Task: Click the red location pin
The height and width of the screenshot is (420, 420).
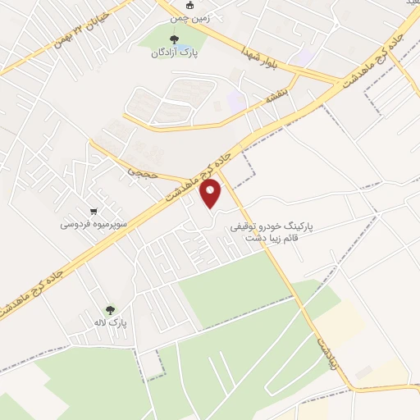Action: [212, 194]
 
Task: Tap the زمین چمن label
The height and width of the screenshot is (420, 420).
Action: [189, 16]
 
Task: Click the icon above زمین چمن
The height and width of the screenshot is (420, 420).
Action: [189, 5]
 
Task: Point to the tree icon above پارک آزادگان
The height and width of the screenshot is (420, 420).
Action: [173, 39]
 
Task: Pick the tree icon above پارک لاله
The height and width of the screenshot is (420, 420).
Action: [111, 309]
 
